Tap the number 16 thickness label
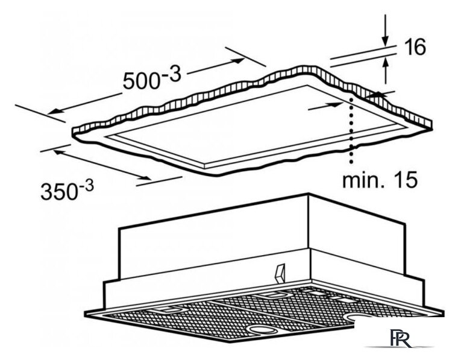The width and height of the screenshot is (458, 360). point(415,47)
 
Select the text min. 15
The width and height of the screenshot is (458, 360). point(380,180)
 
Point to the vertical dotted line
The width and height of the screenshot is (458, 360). point(351,130)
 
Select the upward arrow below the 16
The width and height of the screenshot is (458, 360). point(386,71)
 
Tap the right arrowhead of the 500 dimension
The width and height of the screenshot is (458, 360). point(239,60)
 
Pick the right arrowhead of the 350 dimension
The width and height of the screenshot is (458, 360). point(145,178)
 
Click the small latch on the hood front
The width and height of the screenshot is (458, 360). point(280,274)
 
